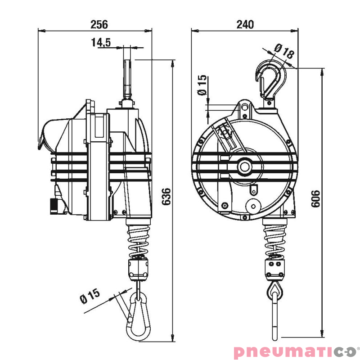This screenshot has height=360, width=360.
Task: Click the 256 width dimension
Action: pos(99,24)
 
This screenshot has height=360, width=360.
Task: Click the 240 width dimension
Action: pos(245,24)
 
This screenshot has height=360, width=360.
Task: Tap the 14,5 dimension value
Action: pos(101,42)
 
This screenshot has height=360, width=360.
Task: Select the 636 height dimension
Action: pos(166,197)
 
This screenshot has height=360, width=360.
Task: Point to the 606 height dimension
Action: pos(315,198)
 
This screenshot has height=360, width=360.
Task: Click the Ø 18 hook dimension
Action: pos(284,51)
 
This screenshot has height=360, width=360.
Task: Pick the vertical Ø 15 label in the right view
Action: pos(202,85)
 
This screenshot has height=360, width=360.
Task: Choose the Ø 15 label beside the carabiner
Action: pos(90,296)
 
